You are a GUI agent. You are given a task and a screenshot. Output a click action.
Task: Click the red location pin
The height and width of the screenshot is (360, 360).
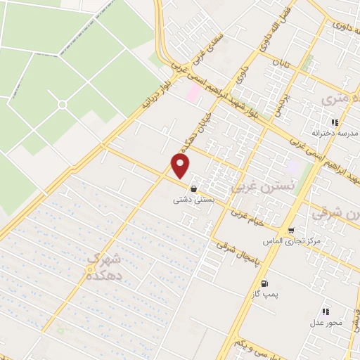click(181, 166)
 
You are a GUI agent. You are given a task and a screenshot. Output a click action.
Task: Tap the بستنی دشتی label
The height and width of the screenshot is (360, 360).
click(193, 200)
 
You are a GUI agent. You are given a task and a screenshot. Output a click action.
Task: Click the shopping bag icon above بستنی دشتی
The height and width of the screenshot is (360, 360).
click(193, 188)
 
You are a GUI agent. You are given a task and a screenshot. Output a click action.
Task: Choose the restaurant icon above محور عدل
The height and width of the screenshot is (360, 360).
click(325, 311)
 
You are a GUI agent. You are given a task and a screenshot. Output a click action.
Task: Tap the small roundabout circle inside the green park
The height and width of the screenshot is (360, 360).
click(62, 105)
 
